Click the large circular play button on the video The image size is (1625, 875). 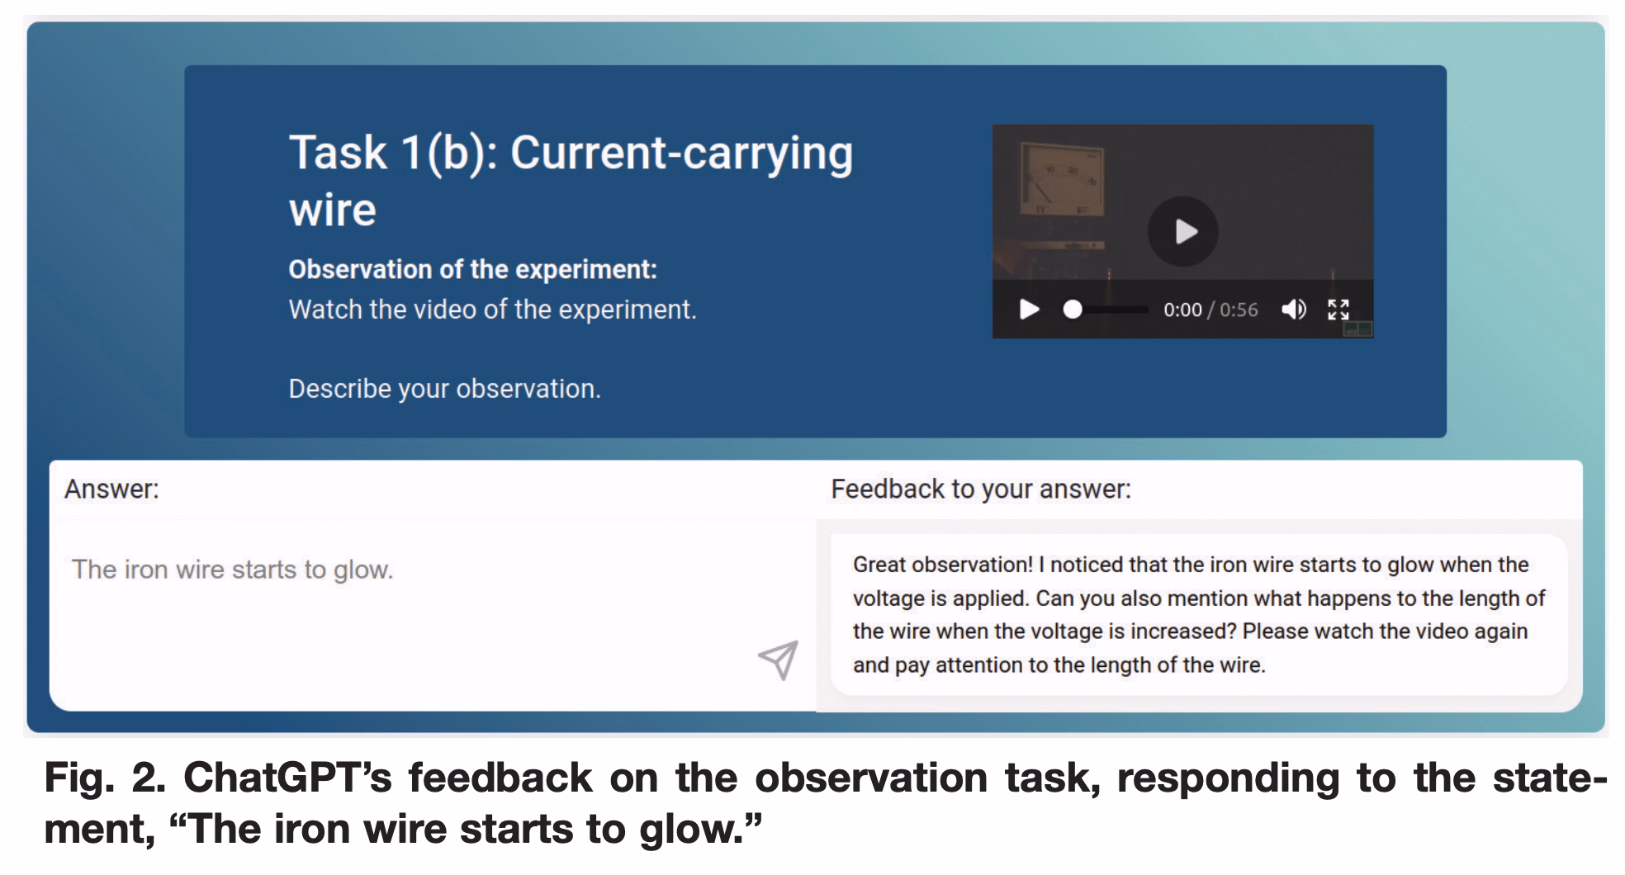coord(1183,231)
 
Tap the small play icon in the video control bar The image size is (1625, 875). coord(1029,310)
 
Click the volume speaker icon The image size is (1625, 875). coord(1294,310)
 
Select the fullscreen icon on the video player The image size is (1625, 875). coord(1338,310)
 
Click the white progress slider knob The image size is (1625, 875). coord(1073,310)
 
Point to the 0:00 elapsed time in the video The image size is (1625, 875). coord(1182,310)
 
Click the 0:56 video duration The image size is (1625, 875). coord(1239,310)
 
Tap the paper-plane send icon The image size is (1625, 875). coord(779,660)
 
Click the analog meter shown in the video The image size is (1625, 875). coord(1061,182)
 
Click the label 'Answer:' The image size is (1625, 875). coord(111,490)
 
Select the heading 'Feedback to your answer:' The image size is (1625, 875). coord(981,490)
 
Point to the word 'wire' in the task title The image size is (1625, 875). coord(333,210)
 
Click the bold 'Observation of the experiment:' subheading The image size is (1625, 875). coord(473,269)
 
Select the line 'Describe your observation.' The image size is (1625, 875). coord(445,388)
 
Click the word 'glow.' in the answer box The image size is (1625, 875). coord(363,570)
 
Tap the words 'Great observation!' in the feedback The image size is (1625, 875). coord(943,565)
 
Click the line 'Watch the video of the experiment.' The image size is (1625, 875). coord(493,310)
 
